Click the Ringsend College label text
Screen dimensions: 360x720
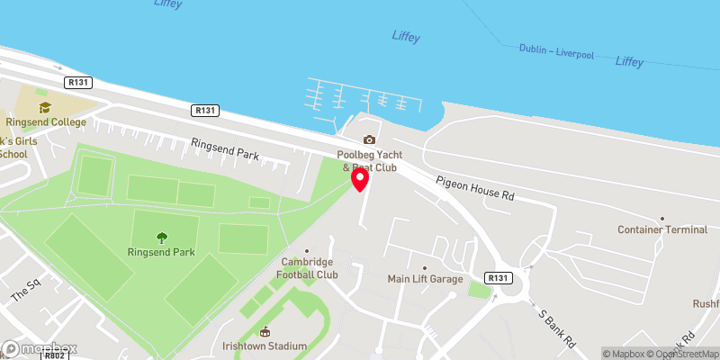point(45,122)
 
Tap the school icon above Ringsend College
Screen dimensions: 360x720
point(45,107)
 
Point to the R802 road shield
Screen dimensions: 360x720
point(55,356)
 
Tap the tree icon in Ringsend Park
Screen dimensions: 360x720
point(161,238)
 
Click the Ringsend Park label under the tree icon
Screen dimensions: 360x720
point(161,252)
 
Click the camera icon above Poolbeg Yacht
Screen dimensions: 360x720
point(368,139)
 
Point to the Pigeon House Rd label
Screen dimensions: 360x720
point(474,188)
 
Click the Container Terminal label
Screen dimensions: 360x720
point(662,229)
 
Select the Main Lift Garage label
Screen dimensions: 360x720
point(425,279)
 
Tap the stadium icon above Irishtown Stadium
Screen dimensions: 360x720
point(265,331)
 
